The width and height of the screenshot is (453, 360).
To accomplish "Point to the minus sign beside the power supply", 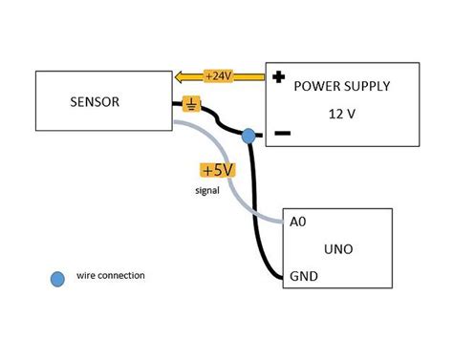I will tap(282, 135).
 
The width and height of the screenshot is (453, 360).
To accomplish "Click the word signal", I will tap(206, 190).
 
